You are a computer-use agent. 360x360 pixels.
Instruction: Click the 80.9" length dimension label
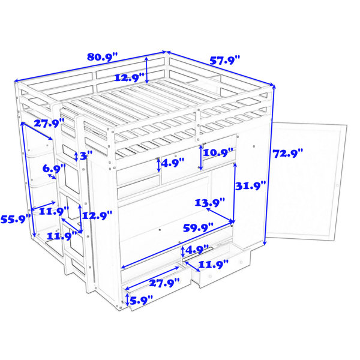pyautogui.click(x=103, y=57)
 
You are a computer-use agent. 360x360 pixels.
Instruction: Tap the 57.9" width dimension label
pyautogui.click(x=225, y=60)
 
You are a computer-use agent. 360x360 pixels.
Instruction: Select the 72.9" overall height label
pyautogui.click(x=288, y=153)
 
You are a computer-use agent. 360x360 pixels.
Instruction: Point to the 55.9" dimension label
pyautogui.click(x=16, y=219)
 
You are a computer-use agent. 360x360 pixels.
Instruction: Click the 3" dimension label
pyautogui.click(x=86, y=156)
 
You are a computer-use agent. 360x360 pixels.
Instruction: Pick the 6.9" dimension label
pyautogui.click(x=54, y=169)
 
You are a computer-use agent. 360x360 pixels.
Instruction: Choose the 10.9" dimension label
pyautogui.click(x=218, y=152)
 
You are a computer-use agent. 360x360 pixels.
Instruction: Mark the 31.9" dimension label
pyautogui.click(x=251, y=185)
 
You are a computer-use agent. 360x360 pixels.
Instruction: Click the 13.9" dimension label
pyautogui.click(x=210, y=203)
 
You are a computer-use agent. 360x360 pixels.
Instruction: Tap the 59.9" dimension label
pyautogui.click(x=198, y=228)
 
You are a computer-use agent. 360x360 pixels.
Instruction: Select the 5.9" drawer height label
pyautogui.click(x=141, y=300)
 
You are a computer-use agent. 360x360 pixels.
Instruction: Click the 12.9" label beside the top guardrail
pyautogui.click(x=129, y=77)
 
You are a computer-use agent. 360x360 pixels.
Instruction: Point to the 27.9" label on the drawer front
pyautogui.click(x=164, y=283)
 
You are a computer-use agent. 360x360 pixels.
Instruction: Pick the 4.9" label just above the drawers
pyautogui.click(x=197, y=250)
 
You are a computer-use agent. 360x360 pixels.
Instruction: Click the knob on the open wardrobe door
pyautogui.click(x=337, y=185)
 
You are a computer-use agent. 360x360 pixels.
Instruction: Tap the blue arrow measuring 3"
pyautogui.click(x=76, y=156)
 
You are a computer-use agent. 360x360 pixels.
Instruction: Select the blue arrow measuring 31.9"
pyautogui.click(x=235, y=193)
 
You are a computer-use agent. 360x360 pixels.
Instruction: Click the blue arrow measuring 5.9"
pyautogui.click(x=127, y=299)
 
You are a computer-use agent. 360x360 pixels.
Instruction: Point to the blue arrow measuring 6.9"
pyautogui.click(x=52, y=176)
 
